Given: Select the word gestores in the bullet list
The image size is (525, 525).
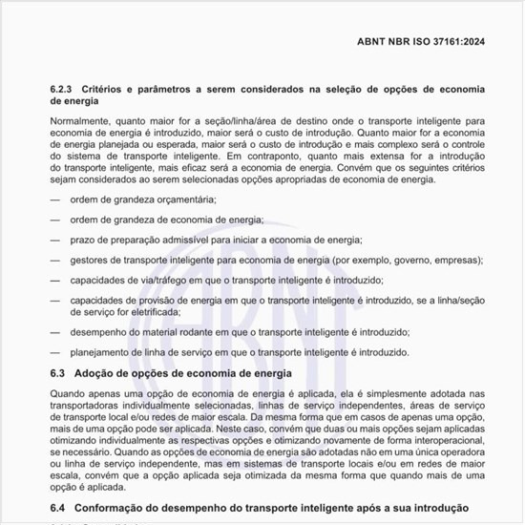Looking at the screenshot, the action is tap(89, 260).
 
